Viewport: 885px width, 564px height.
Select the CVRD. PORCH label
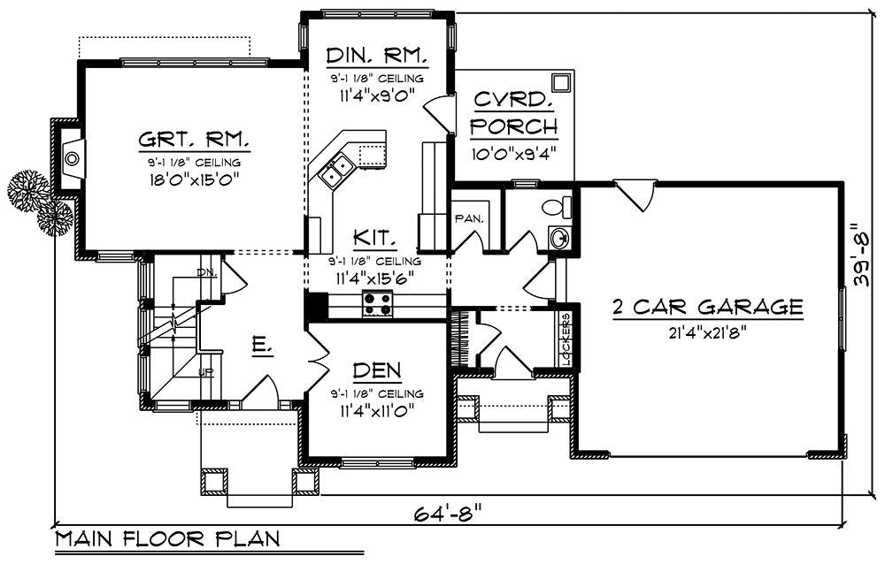pyautogui.click(x=513, y=112)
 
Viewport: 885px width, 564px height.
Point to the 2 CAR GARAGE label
pyautogui.click(x=707, y=308)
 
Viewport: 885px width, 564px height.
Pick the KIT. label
pyautogui.click(x=375, y=239)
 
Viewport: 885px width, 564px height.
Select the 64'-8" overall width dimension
pyautogui.click(x=449, y=513)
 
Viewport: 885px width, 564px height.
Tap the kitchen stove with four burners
pyautogui.click(x=378, y=307)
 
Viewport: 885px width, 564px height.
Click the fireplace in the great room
pyautogui.click(x=72, y=158)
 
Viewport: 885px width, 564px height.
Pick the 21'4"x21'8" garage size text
pyautogui.click(x=707, y=332)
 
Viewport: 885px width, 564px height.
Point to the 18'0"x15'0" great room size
pyautogui.click(x=193, y=179)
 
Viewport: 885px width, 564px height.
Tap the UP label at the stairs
pyautogui.click(x=206, y=372)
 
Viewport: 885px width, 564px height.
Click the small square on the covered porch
pyautogui.click(x=559, y=82)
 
